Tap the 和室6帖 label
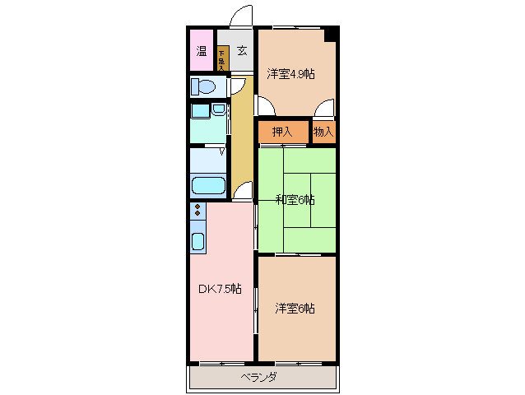click(295, 199)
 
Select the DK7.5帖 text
click(220, 289)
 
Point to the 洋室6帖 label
click(295, 309)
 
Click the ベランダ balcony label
click(258, 377)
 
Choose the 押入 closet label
click(282, 132)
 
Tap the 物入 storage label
click(323, 132)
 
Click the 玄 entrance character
click(242, 51)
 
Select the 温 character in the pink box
click(202, 51)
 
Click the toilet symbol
click(204, 86)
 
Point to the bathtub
click(208, 185)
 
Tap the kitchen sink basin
click(198, 241)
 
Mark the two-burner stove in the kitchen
click(197, 211)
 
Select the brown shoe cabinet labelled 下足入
click(222, 57)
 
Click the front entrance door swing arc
click(241, 18)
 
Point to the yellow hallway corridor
click(241, 140)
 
